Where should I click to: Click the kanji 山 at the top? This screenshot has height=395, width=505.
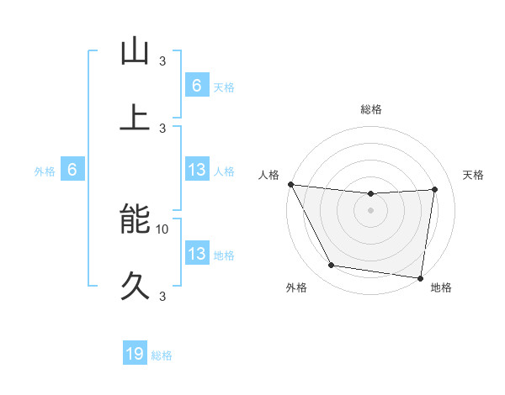point(135,51)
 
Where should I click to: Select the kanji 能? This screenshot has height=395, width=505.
point(135,219)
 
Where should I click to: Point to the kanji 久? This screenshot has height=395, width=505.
point(135,285)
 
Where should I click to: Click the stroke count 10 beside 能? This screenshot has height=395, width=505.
point(162,229)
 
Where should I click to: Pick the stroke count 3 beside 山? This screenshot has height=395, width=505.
point(162,61)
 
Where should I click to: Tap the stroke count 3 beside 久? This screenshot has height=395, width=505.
point(162,296)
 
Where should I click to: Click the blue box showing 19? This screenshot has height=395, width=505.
point(135,355)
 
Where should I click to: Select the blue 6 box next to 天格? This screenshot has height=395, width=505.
point(197,86)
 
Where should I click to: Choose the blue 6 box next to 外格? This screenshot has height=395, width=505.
point(72,171)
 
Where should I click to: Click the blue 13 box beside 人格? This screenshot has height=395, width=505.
point(197,171)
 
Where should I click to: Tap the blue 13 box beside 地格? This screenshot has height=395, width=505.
point(197,254)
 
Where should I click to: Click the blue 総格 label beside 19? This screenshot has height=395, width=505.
point(162,355)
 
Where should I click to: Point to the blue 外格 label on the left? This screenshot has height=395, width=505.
point(45,171)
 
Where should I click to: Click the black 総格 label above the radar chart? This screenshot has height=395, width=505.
point(371,109)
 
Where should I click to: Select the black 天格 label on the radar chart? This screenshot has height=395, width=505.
point(473,175)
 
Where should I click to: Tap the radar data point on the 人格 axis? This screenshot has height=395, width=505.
point(290,184)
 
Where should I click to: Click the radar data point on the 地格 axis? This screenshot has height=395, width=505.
point(421,277)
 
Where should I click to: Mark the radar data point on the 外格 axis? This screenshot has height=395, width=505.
point(332,266)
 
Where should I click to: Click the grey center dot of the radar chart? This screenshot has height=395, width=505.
point(371,210)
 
